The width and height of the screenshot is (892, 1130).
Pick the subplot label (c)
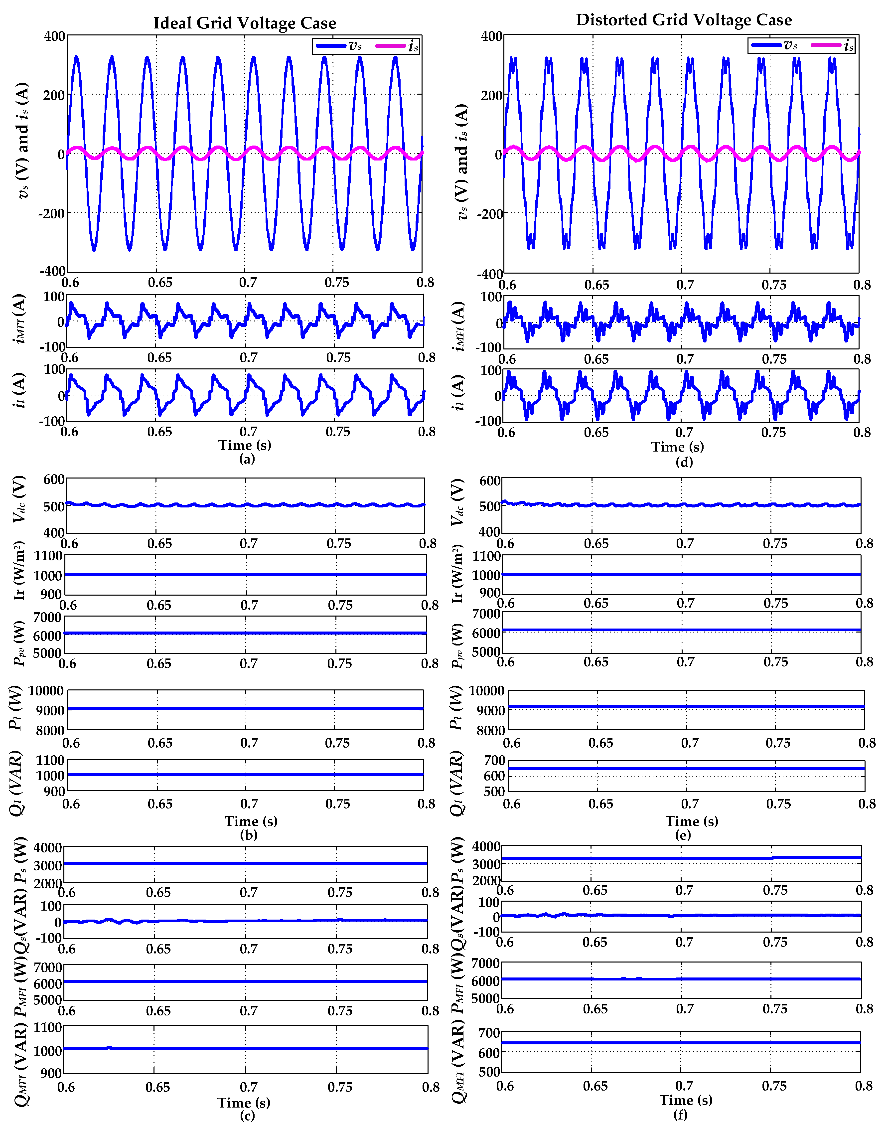click(x=247, y=1115)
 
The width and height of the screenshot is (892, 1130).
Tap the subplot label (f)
click(x=680, y=1114)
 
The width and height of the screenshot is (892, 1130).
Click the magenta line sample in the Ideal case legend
click(x=390, y=46)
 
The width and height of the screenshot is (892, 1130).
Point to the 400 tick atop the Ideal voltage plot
click(x=54, y=36)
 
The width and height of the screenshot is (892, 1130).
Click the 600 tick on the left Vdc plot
click(x=54, y=479)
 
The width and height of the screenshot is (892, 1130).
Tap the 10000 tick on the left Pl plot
click(x=46, y=691)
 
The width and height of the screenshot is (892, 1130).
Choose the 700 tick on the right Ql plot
click(x=495, y=760)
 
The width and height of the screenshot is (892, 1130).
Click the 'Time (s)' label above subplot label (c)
click(x=244, y=1102)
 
